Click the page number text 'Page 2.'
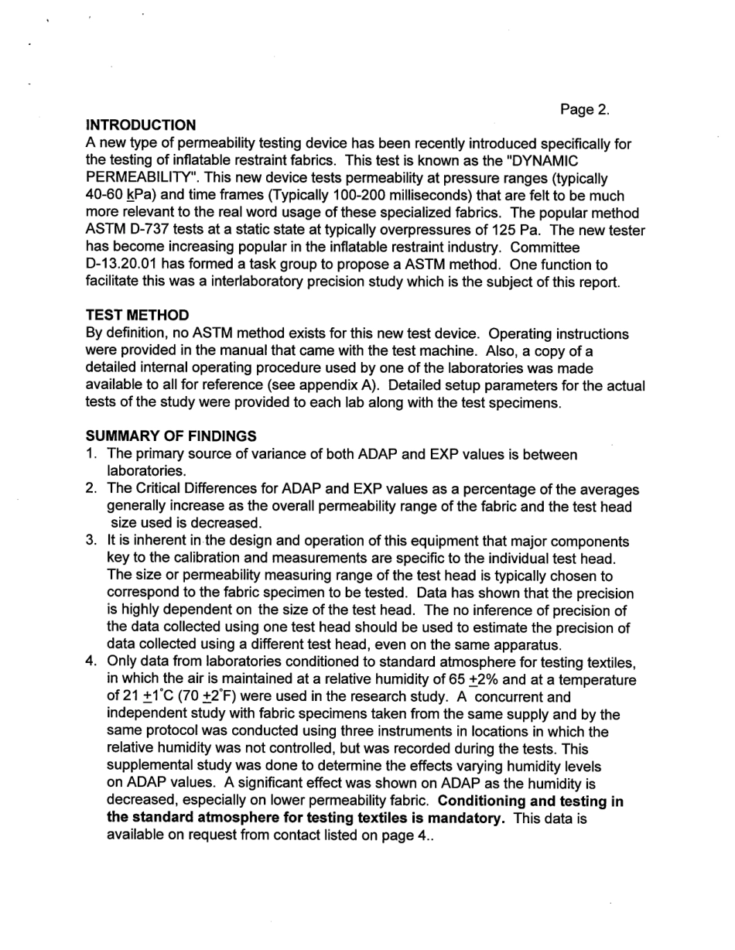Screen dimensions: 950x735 click(585, 110)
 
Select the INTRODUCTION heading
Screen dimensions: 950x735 click(141, 125)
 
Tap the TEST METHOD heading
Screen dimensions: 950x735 click(137, 316)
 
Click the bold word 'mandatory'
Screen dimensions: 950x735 click(467, 818)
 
